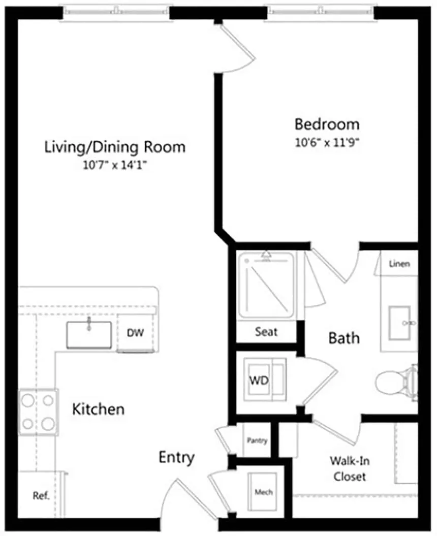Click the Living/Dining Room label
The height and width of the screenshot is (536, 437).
[x=115, y=147]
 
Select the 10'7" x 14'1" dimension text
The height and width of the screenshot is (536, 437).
[x=115, y=166]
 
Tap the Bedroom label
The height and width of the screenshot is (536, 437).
[x=327, y=124]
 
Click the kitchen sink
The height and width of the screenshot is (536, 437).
[x=89, y=334]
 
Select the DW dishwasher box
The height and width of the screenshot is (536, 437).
[x=135, y=333]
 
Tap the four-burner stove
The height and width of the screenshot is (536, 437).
[x=38, y=412]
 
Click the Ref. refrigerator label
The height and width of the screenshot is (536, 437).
[x=41, y=496]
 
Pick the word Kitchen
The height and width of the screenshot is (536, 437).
[x=98, y=409]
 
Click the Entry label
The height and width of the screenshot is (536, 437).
[x=176, y=457]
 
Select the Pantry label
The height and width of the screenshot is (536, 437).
[x=257, y=440]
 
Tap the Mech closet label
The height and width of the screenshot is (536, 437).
[x=263, y=492]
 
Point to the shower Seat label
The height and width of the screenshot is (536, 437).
[x=266, y=332]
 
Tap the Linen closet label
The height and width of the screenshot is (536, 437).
[x=399, y=264]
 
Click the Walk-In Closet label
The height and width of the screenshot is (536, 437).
[x=349, y=468]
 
